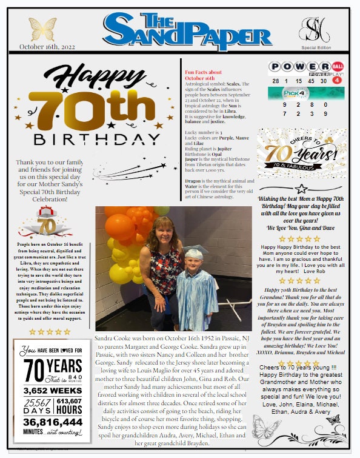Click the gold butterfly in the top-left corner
[42, 29]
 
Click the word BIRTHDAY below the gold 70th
[97, 140]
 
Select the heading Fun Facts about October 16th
[199, 75]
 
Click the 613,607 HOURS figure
[68, 406]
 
